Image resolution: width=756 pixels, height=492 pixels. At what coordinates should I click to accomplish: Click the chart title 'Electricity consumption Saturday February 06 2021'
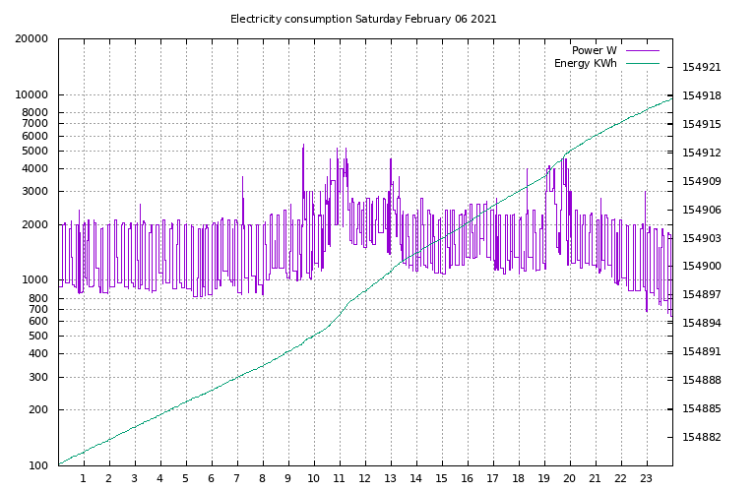(x=363, y=19)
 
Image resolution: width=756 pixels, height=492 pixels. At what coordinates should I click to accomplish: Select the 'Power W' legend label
(x=595, y=50)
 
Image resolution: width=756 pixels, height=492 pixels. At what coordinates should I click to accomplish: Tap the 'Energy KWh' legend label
(x=586, y=64)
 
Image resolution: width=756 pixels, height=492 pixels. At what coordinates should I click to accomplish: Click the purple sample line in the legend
(x=641, y=50)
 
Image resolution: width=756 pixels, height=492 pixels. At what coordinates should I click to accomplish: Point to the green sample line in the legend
(x=641, y=64)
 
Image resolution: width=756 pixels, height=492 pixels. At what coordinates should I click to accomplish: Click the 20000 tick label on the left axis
(x=31, y=39)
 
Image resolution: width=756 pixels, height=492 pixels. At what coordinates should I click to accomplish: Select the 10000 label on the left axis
(x=31, y=95)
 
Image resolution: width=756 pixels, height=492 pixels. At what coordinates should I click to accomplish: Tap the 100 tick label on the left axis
(x=37, y=465)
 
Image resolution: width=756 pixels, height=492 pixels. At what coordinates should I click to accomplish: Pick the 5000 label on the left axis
(x=34, y=152)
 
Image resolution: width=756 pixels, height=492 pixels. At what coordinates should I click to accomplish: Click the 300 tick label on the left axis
(x=37, y=377)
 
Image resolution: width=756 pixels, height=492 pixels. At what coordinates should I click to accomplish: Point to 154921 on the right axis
(x=701, y=68)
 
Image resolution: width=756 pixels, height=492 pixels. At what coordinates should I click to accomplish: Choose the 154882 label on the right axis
(x=701, y=438)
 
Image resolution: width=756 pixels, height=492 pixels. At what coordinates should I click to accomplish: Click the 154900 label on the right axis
(x=701, y=267)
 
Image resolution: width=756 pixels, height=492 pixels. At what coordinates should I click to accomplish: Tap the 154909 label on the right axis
(x=701, y=182)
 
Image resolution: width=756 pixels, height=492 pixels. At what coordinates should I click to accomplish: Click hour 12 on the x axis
(x=364, y=479)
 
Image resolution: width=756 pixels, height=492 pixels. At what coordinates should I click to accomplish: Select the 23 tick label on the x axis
(x=646, y=479)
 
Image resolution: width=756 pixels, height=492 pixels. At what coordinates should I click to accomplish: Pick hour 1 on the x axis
(x=84, y=479)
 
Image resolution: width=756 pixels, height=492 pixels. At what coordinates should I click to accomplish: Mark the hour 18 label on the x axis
(x=518, y=479)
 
